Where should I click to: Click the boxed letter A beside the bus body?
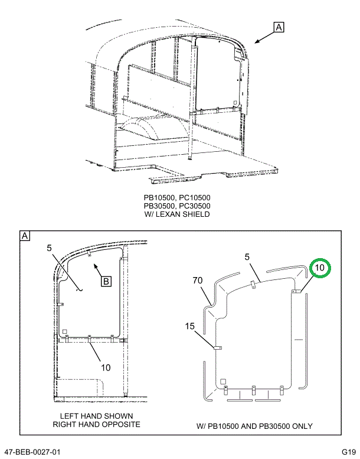coord(279,27)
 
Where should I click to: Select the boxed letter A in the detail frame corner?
coord(25,236)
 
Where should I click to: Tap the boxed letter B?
coord(106,281)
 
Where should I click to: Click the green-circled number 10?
coord(319,268)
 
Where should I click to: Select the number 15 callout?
coord(190,325)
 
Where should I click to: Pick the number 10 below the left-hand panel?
coord(105,367)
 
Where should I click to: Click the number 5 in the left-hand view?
coord(50,249)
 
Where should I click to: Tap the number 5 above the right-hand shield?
coord(247,256)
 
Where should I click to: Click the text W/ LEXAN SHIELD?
coord(177,214)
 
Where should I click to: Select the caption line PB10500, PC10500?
coord(177,198)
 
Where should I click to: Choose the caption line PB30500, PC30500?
coord(177,206)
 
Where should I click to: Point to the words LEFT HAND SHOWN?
coord(96,416)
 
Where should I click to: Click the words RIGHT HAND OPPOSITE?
coord(96,424)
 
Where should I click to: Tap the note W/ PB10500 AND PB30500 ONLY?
coord(254,426)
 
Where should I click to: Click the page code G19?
coord(347,452)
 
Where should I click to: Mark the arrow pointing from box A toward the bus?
coord(263,38)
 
